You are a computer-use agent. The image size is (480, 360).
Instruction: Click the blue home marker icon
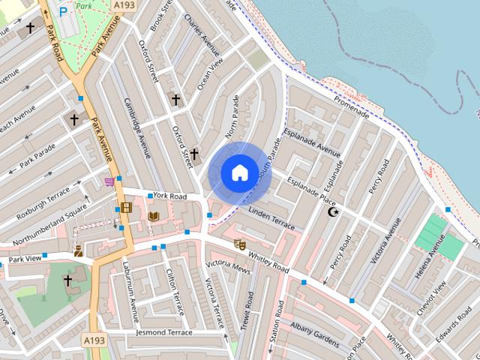coord(239,172)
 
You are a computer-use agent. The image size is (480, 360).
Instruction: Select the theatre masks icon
coord(239,244)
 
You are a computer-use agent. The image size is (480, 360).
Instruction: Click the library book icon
coord(153,217)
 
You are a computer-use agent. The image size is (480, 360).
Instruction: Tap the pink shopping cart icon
coord(110,181)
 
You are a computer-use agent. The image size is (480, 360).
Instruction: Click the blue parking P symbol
coord(63,11)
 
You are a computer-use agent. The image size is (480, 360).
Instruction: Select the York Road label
coord(170,196)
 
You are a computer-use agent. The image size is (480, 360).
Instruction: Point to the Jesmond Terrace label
coord(164,331)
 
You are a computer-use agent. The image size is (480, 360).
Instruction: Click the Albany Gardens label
coord(315,331)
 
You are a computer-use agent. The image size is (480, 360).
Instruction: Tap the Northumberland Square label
coord(50,232)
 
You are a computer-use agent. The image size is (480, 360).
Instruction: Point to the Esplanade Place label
coord(308,191)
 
